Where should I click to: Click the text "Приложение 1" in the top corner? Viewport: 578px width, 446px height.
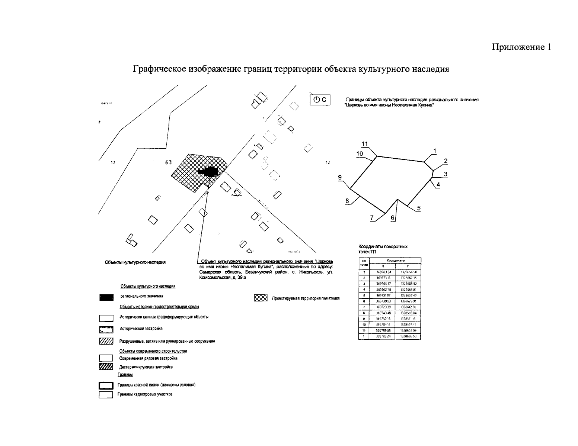click(x=521, y=47)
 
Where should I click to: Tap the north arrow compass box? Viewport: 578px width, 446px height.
click(x=320, y=100)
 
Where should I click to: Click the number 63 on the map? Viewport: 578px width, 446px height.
click(x=168, y=162)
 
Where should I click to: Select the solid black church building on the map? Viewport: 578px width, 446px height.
click(x=209, y=171)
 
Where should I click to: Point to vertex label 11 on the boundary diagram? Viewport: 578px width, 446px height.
click(x=365, y=144)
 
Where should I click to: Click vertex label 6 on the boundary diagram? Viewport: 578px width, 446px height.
click(x=392, y=218)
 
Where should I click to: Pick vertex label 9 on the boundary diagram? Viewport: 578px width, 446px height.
click(x=340, y=178)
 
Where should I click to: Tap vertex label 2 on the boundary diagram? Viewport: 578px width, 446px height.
click(x=446, y=161)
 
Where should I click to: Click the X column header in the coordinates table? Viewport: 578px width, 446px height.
click(x=383, y=266)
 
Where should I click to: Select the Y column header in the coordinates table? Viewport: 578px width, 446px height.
click(x=408, y=266)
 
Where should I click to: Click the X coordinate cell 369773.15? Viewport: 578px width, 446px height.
click(x=383, y=278)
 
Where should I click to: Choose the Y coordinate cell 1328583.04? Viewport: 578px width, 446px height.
click(x=408, y=313)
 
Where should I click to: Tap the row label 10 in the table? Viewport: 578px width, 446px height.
click(x=363, y=324)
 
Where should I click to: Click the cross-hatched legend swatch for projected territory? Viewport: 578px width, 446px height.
click(x=261, y=298)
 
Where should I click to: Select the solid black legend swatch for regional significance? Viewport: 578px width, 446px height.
click(x=106, y=297)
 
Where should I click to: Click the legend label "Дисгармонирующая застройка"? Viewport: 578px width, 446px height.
click(x=146, y=367)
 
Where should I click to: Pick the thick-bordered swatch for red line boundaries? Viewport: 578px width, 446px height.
click(x=106, y=385)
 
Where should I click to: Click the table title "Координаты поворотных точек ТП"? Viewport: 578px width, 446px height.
click(x=383, y=249)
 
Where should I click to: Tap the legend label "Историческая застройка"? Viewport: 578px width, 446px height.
click(x=141, y=329)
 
